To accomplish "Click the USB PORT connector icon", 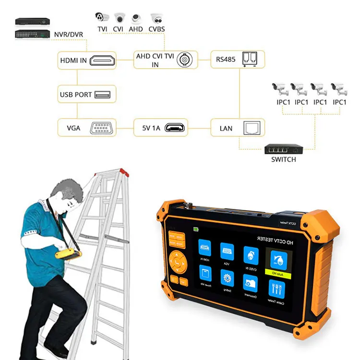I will tap(103, 94).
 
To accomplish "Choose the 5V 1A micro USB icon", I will tap(174, 128).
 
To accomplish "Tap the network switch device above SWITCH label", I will tap(283, 149).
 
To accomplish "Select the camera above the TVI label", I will tap(102, 17).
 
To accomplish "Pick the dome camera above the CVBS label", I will tap(156, 18).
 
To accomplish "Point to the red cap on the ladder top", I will tap(123, 171).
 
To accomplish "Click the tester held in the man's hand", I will tap(67, 251).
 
